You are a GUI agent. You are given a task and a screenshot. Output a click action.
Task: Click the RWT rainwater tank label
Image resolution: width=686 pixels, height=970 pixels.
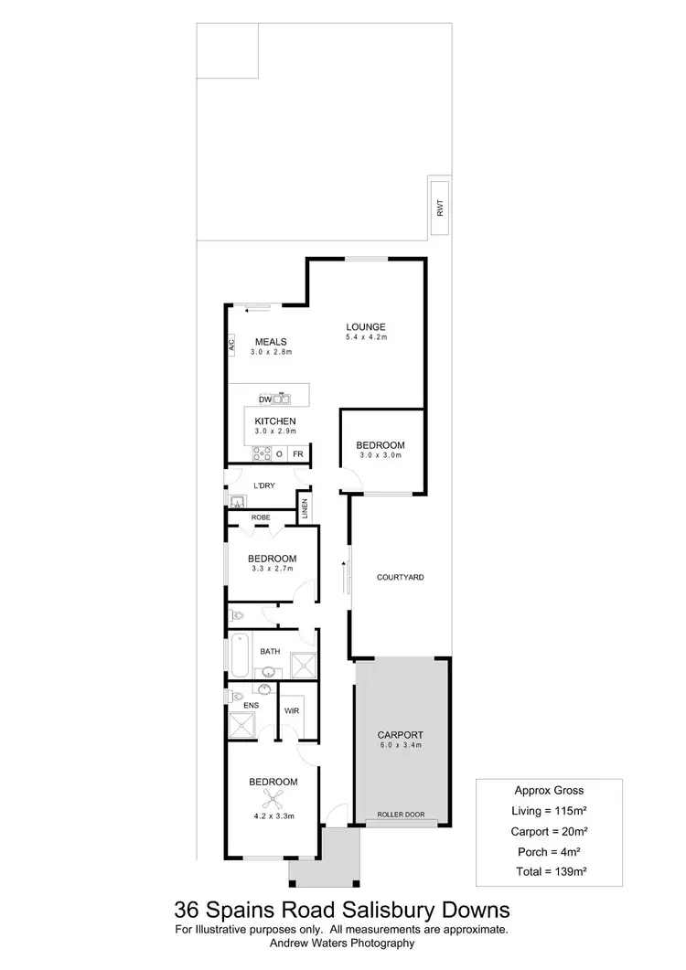(x=440, y=208)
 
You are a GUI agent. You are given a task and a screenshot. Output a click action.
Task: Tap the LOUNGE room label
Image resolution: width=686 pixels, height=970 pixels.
(x=365, y=326)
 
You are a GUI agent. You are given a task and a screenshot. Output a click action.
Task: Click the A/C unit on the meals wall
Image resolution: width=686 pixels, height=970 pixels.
(x=231, y=345)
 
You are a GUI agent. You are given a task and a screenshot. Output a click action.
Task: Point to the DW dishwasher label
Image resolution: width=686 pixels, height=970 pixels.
(x=264, y=400)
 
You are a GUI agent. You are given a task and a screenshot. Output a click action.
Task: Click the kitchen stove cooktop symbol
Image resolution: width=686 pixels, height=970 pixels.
(x=262, y=453)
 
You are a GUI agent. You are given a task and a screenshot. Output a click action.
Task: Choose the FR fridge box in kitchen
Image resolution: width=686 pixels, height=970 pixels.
(x=298, y=453)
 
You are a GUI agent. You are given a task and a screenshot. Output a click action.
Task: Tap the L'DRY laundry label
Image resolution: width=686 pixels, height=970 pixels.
(x=265, y=485)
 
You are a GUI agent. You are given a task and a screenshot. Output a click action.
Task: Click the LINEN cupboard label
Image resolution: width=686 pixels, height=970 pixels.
(x=304, y=508)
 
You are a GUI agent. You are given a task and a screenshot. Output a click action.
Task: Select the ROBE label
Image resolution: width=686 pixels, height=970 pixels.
(x=261, y=517)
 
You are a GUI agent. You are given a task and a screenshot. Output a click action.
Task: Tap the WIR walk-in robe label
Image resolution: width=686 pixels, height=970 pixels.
(x=292, y=709)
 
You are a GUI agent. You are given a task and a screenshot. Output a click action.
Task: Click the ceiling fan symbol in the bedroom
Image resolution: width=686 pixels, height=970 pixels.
(x=270, y=796)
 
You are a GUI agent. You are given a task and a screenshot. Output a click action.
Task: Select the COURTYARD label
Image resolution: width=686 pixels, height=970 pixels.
(x=401, y=578)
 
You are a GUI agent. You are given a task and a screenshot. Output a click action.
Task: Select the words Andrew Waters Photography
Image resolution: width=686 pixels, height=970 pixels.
(x=343, y=943)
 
